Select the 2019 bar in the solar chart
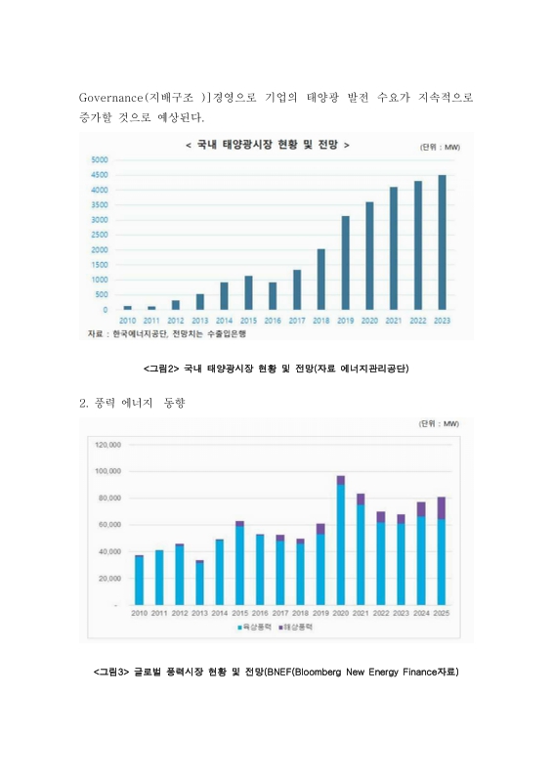(345, 263)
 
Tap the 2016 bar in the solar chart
(273, 296)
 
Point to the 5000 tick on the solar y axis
(99, 159)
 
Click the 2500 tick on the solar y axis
(99, 235)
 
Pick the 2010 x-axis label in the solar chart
(128, 320)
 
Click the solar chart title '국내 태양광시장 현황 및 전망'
(267, 145)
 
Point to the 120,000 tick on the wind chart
(107, 444)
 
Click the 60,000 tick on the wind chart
(107, 525)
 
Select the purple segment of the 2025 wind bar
(441, 507)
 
